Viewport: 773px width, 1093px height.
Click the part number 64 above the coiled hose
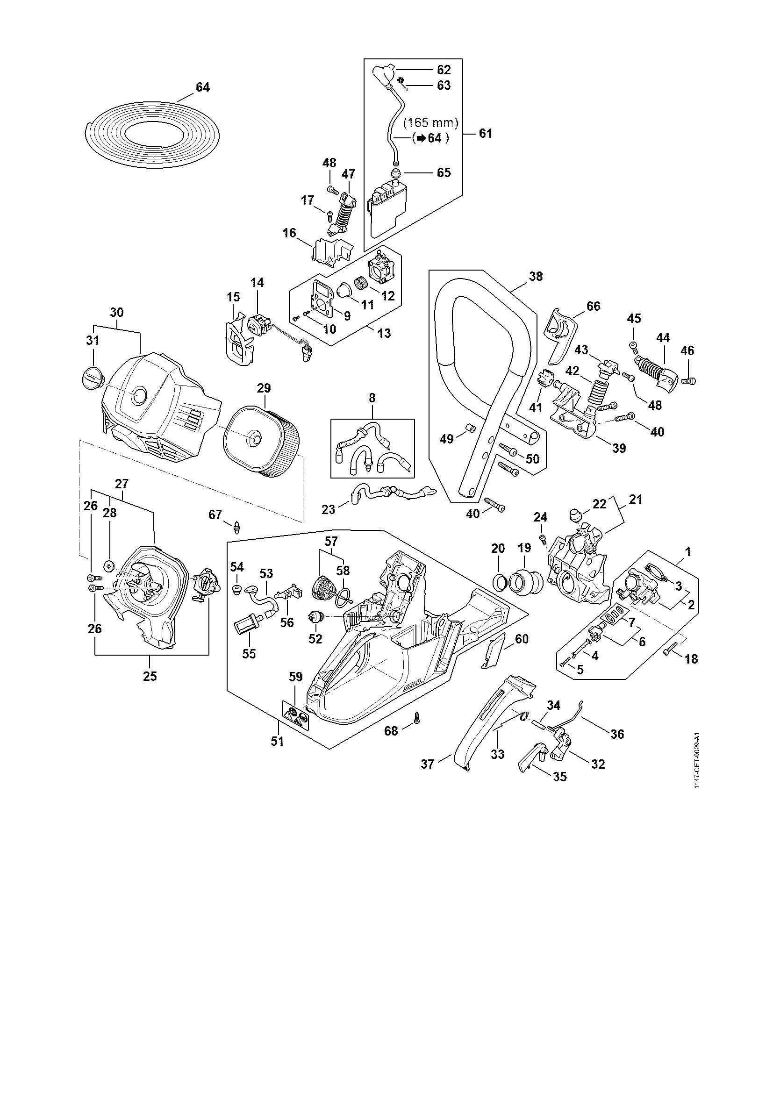[x=203, y=87]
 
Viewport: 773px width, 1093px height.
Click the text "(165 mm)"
[x=430, y=123]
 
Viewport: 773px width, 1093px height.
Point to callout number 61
[x=485, y=134]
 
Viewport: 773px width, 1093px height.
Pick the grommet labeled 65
[x=394, y=173]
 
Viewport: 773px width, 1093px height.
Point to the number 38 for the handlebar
[x=536, y=276]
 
